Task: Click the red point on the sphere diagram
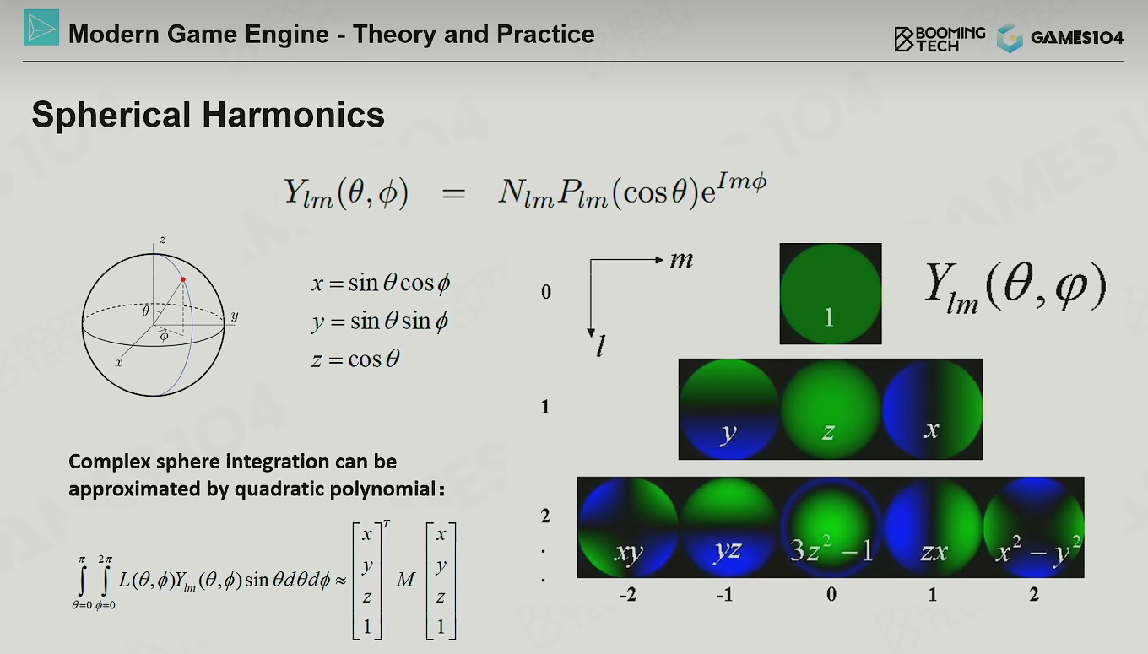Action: click(183, 279)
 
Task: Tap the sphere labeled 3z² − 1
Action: click(831, 527)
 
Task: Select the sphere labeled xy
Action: click(628, 527)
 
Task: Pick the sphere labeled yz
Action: click(729, 527)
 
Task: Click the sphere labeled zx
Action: click(932, 527)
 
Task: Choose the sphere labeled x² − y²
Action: click(1033, 527)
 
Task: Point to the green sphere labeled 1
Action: click(831, 294)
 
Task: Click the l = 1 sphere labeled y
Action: click(729, 409)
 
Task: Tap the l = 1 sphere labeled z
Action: click(831, 409)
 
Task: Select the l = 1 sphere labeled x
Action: click(932, 409)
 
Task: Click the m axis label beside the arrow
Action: click(682, 261)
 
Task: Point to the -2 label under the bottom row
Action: click(628, 595)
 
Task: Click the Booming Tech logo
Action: click(940, 39)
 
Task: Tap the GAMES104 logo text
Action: click(1077, 37)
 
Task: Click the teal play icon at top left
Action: click(41, 28)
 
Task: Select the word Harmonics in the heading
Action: click(293, 114)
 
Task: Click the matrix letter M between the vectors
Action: click(405, 580)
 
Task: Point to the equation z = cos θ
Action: click(355, 359)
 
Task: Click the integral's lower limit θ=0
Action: click(82, 605)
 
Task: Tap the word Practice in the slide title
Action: click(545, 35)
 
